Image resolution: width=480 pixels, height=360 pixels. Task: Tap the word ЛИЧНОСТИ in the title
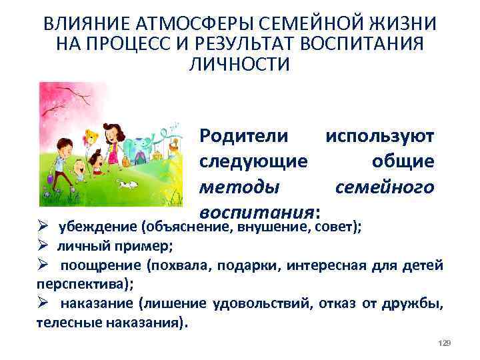(239, 65)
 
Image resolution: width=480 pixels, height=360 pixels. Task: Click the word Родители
(244, 137)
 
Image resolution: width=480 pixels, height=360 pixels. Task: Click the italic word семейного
(385, 188)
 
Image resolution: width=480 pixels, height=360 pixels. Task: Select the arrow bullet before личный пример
(41, 245)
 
